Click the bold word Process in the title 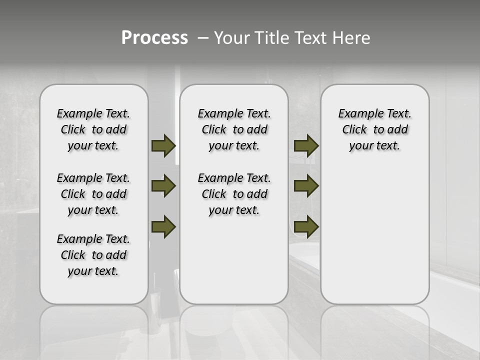pyautogui.click(x=154, y=38)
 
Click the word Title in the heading pyautogui.click(x=269, y=38)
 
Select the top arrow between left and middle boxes pyautogui.click(x=163, y=145)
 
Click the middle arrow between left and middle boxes pyautogui.click(x=163, y=186)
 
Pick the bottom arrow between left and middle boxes pyautogui.click(x=163, y=226)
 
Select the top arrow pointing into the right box pyautogui.click(x=306, y=145)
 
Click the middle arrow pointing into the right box pyautogui.click(x=306, y=186)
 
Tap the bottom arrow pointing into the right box pyautogui.click(x=306, y=226)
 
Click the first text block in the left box pyautogui.click(x=93, y=129)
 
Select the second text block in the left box pyautogui.click(x=93, y=194)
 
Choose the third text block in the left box pyautogui.click(x=93, y=255)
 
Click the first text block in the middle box pyautogui.click(x=234, y=129)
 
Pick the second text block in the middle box pyautogui.click(x=234, y=194)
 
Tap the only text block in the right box pyautogui.click(x=374, y=129)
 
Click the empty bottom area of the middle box pyautogui.click(x=234, y=265)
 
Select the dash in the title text pyautogui.click(x=203, y=38)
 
